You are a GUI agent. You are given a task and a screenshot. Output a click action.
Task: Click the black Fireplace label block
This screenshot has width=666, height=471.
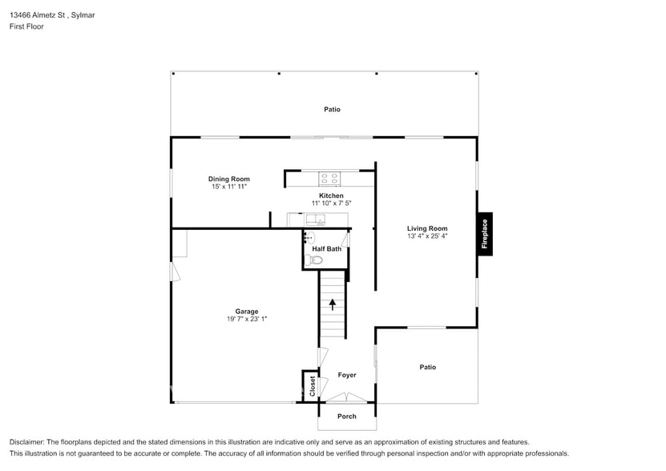click(x=484, y=235)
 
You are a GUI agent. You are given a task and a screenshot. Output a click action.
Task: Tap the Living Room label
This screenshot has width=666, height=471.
click(x=427, y=228)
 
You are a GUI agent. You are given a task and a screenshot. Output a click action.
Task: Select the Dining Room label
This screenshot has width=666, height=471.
click(x=229, y=179)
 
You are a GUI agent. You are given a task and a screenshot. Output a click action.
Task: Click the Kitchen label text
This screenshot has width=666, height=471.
click(x=331, y=195)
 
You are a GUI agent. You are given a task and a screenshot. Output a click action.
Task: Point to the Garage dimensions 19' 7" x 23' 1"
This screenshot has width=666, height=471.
click(x=247, y=319)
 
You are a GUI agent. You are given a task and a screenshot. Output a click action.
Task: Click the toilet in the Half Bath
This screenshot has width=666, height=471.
click(x=315, y=260)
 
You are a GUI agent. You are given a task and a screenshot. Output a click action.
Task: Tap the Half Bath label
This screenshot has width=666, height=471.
click(x=326, y=248)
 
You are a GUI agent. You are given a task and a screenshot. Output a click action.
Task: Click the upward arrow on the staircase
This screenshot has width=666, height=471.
click(x=332, y=304)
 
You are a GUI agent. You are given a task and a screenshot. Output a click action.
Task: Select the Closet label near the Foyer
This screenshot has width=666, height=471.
click(x=312, y=387)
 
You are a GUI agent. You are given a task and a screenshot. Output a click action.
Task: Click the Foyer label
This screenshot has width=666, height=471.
click(x=346, y=375)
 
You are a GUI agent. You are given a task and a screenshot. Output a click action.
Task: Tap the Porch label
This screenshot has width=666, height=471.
click(x=346, y=416)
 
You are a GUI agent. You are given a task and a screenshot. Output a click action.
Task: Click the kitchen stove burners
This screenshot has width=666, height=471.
click(x=329, y=178)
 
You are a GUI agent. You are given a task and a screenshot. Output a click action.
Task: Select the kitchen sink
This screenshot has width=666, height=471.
click(x=315, y=218)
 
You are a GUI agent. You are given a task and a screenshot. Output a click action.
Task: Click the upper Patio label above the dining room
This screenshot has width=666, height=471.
click(x=332, y=109)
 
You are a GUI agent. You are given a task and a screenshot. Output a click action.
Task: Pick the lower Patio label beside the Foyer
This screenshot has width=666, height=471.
click(x=428, y=367)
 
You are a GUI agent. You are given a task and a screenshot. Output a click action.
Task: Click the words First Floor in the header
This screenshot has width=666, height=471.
click(x=27, y=26)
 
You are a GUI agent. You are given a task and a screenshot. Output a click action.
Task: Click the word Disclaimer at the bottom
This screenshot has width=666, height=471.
click(x=26, y=442)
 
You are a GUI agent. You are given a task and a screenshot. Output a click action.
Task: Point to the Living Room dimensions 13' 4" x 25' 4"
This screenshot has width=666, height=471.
click(x=427, y=236)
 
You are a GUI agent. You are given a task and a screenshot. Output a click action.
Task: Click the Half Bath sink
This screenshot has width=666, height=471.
click(x=310, y=237)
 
